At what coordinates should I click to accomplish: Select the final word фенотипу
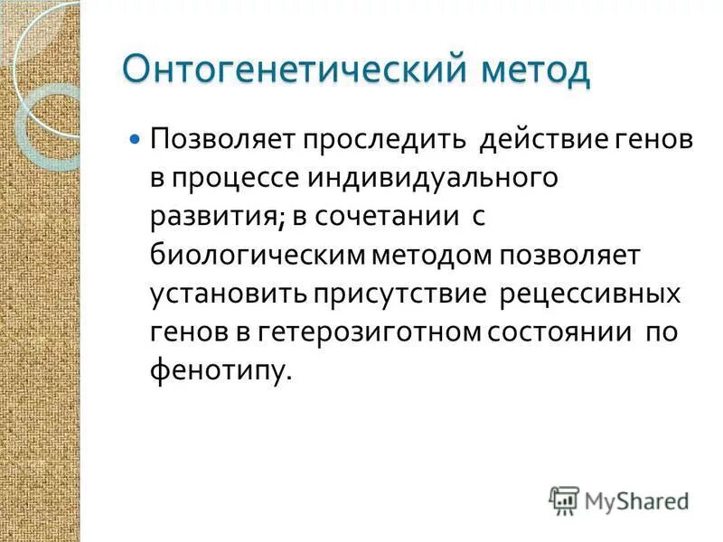(x=221, y=370)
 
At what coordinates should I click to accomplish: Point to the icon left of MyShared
(x=564, y=499)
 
